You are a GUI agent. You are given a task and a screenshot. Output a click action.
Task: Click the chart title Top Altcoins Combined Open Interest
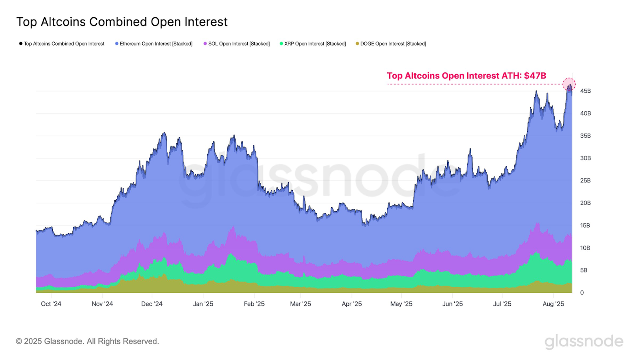[x=122, y=22]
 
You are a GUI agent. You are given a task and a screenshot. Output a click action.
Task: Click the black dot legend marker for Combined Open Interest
[x=21, y=44]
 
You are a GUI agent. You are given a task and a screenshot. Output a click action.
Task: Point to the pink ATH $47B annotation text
[x=466, y=76]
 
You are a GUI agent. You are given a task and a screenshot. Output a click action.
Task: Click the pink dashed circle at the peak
[x=569, y=84]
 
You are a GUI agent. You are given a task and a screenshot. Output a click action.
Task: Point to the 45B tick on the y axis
[x=585, y=91]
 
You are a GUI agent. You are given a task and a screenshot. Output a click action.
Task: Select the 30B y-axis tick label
[x=585, y=158]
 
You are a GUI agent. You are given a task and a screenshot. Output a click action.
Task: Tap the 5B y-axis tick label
[x=584, y=270]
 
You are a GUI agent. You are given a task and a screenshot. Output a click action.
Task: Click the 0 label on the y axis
[x=582, y=293]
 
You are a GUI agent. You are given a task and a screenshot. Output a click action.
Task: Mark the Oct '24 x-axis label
[x=51, y=304]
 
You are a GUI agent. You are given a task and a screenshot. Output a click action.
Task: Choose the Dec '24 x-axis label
[x=152, y=304]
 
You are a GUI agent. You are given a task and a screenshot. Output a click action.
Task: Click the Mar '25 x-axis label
[x=300, y=304]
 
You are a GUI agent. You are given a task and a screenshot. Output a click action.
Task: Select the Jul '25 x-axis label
[x=502, y=304]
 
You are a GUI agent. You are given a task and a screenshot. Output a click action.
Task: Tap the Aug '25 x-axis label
[x=553, y=304]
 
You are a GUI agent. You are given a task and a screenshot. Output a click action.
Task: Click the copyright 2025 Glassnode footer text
[x=87, y=342]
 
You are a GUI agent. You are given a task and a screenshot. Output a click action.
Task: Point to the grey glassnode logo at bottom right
[x=584, y=342]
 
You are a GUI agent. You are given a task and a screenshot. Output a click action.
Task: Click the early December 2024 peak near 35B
[x=164, y=133]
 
